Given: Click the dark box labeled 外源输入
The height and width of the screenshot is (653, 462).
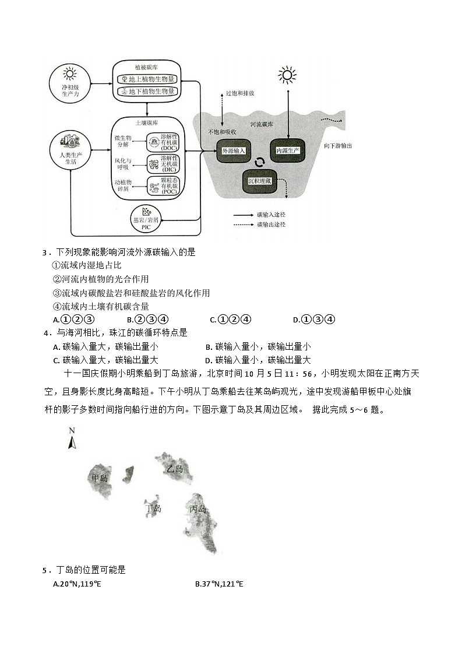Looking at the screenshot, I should pos(232,151).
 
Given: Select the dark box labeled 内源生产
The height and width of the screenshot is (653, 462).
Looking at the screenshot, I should pos(287,151).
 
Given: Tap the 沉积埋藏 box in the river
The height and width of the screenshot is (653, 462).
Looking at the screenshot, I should pos(259,181).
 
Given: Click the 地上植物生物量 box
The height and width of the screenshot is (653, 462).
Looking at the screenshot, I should pos(147,79).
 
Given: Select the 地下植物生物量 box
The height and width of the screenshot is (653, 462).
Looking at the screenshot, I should pos(147,92).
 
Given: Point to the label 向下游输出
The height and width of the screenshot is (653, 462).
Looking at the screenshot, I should pos(337,146).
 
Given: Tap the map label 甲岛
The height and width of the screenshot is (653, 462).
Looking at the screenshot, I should pos(100,478).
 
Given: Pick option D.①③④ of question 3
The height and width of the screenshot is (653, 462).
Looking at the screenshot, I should pos(314,319).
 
